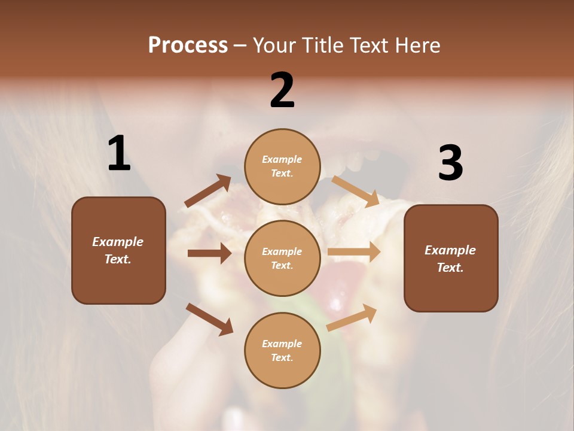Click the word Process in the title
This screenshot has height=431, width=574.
click(188, 45)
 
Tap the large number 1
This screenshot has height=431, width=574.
click(119, 154)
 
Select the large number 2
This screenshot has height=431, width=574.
click(282, 90)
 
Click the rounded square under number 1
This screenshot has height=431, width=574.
click(118, 250)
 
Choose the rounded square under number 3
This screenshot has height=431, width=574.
click(451, 258)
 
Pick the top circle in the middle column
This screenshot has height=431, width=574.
click(282, 166)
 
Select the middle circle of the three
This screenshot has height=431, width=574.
click(282, 258)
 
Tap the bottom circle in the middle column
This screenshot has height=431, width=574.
click(282, 350)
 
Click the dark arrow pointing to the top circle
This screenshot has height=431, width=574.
click(208, 191)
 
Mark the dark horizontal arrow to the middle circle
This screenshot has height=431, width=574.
click(209, 253)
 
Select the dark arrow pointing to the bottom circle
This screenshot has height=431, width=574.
click(209, 319)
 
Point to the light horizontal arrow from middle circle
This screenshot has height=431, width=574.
click(354, 252)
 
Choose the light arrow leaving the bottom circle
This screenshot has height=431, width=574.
click(352, 317)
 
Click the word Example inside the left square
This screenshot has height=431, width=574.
click(118, 242)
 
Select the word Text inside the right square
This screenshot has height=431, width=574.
click(450, 268)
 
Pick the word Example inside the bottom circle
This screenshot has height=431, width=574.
click(282, 344)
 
